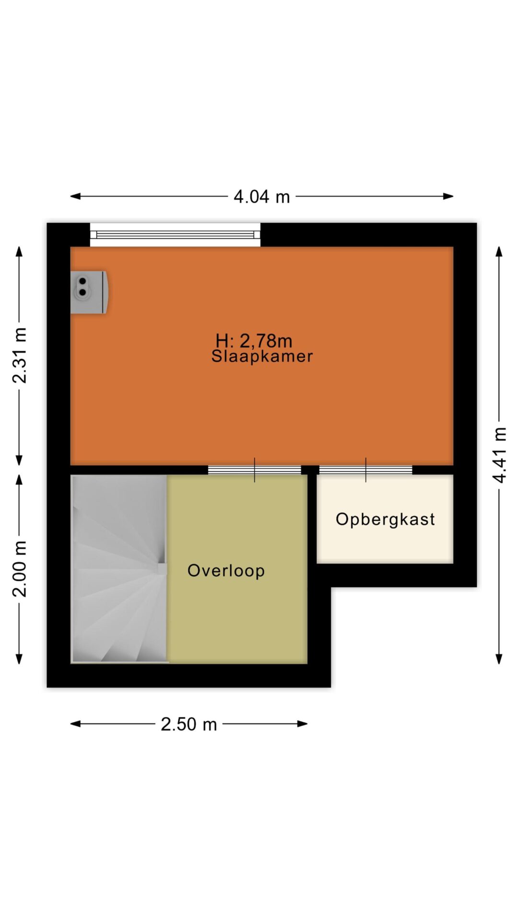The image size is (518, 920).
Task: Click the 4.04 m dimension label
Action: click(261, 196)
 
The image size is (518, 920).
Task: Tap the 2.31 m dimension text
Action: click(20, 356)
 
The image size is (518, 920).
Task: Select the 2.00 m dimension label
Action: click(20, 569)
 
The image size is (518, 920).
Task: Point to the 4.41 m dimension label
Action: click(499, 455)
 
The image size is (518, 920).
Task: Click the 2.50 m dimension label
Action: click(188, 724)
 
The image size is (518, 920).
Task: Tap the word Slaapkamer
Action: click(262, 356)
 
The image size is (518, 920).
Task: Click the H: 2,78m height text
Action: click(254, 341)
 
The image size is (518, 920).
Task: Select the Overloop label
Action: click(226, 571)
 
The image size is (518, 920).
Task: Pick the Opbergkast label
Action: click(385, 519)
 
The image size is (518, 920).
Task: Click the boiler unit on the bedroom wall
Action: click(89, 292)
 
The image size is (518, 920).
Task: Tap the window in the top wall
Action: click(175, 235)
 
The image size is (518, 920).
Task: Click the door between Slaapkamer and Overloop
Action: click(254, 470)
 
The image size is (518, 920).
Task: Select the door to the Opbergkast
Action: click(365, 470)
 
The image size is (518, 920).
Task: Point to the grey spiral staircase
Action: click(119, 569)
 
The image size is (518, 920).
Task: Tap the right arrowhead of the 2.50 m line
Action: click(303, 724)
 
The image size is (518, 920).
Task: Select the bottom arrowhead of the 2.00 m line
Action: click(19, 659)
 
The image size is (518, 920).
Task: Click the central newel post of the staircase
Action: click(162, 569)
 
